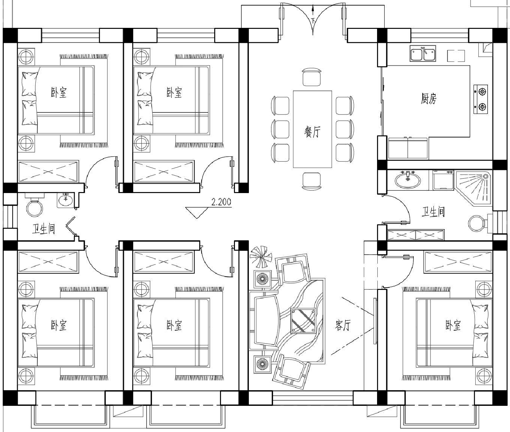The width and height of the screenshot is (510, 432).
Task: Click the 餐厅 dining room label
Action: (312, 132)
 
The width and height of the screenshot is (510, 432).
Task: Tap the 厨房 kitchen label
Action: (428, 99)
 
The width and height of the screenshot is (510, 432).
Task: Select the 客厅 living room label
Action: (343, 325)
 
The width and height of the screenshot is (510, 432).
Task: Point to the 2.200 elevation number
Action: (221, 202)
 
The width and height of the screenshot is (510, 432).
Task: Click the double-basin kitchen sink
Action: (423, 54)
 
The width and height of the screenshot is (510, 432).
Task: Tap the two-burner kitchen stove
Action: (481, 99)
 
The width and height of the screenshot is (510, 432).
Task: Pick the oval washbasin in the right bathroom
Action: (408, 180)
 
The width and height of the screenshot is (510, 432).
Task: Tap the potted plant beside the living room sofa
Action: (261, 257)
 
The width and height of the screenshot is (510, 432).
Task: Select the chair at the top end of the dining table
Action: (312, 77)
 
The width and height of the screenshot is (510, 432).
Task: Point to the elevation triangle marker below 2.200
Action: (197, 213)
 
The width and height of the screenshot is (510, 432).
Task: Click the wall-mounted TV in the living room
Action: (375, 321)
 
